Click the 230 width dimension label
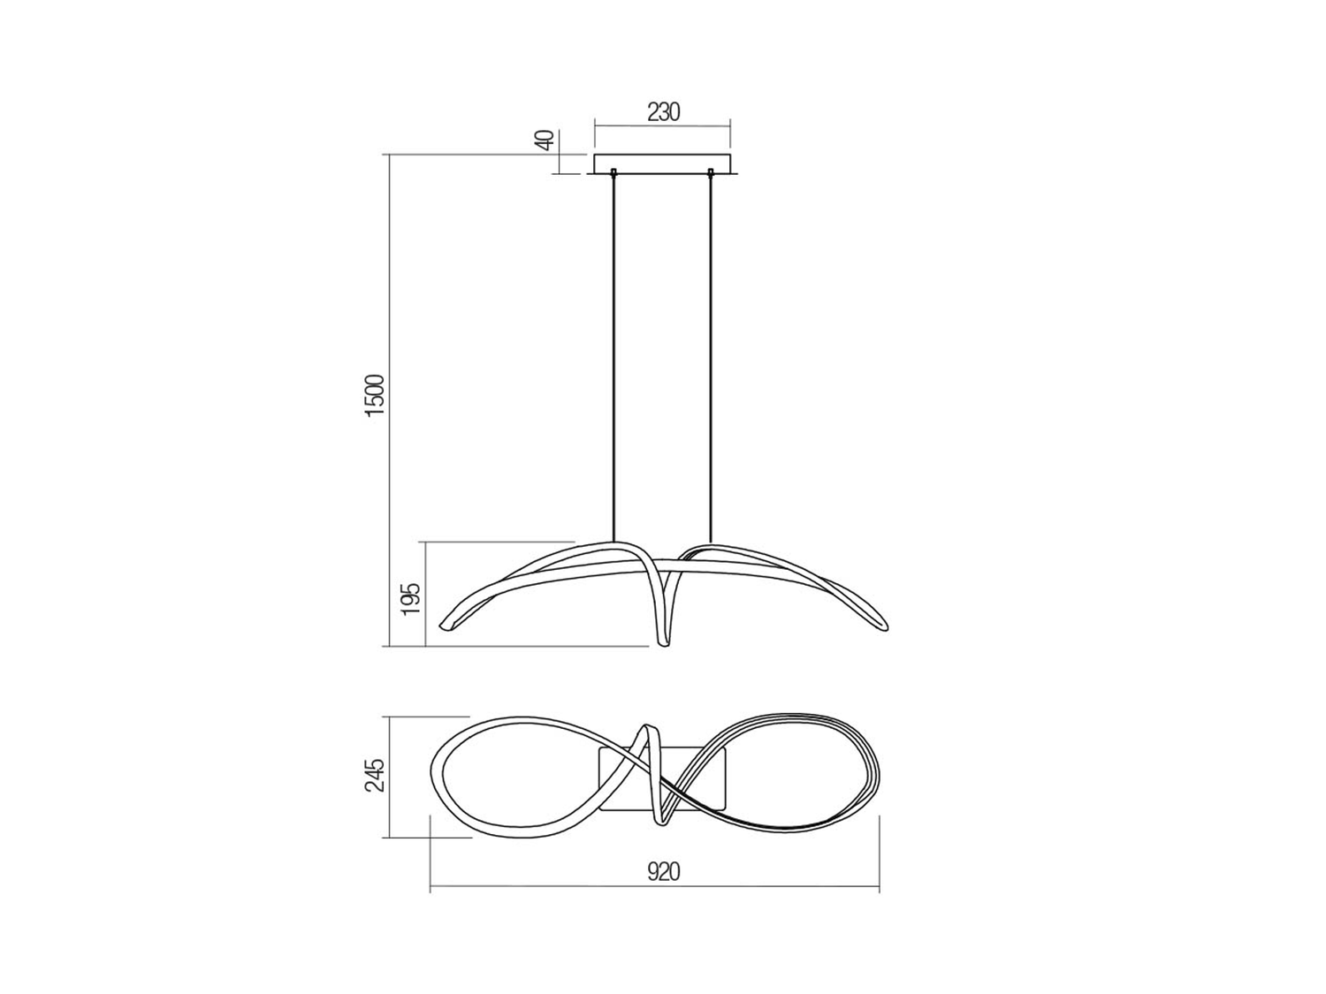pyautogui.click(x=663, y=112)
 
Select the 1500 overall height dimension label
pyautogui.click(x=375, y=395)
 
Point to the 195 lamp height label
pyautogui.click(x=411, y=598)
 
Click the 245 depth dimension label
pyautogui.click(x=375, y=776)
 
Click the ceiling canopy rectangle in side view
pyautogui.click(x=663, y=164)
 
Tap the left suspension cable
pyautogui.click(x=614, y=359)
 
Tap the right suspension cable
pyautogui.click(x=711, y=359)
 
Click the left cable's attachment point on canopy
pyautogui.click(x=614, y=172)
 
